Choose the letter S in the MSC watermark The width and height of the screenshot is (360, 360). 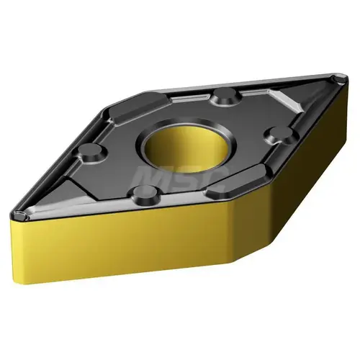[185, 176]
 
